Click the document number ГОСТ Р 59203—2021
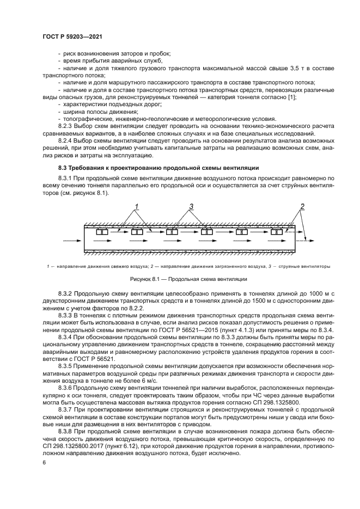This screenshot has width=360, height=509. coord(72,35)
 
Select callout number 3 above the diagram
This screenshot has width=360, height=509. coord(191,206)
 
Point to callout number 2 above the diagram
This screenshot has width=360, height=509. coord(301,206)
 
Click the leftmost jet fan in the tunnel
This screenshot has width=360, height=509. coord(101,232)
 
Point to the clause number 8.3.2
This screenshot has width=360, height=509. coord(66,293)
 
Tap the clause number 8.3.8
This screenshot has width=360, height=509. coord(66,430)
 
